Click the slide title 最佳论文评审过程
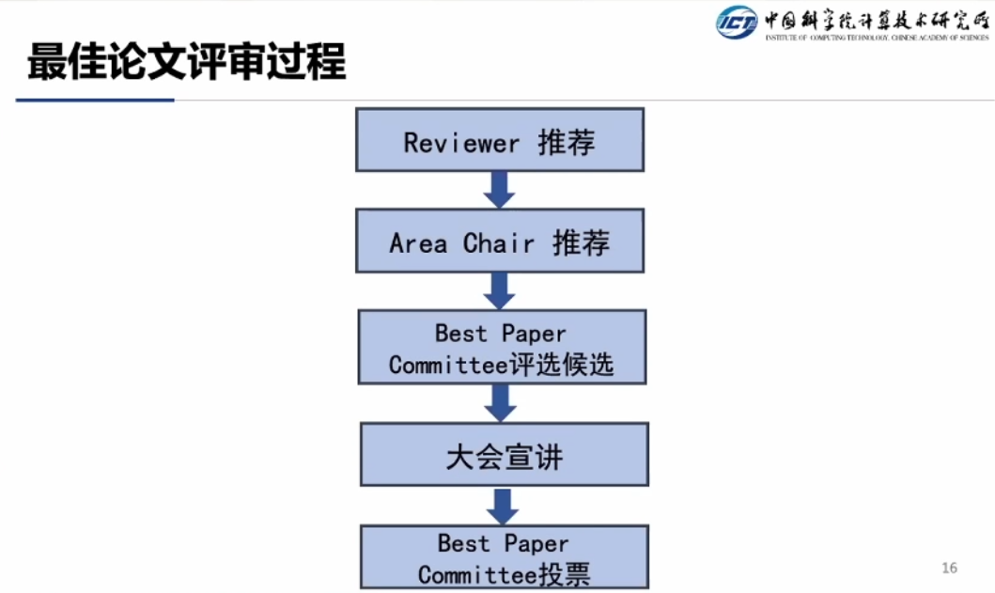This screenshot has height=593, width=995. coord(187,62)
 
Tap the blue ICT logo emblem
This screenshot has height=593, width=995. coord(737,22)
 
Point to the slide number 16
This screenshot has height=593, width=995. coord(948,568)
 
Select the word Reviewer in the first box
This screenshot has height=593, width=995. coord(461,143)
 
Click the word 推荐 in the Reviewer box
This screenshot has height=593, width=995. coord(567,142)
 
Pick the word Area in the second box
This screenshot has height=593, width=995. coord(418,243)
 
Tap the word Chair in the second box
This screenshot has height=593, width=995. coord(498,243)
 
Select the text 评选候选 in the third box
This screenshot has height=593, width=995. coord(561,365)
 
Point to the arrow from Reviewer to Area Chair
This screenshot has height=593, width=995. coord(499,189)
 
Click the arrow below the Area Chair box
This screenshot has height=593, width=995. coord(499,290)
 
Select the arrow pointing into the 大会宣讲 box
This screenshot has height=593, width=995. coord(501,402)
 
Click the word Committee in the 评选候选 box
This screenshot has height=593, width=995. coord(448,365)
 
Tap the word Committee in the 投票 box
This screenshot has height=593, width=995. coord(477,574)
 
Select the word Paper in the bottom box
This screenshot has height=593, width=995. coord(536,543)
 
